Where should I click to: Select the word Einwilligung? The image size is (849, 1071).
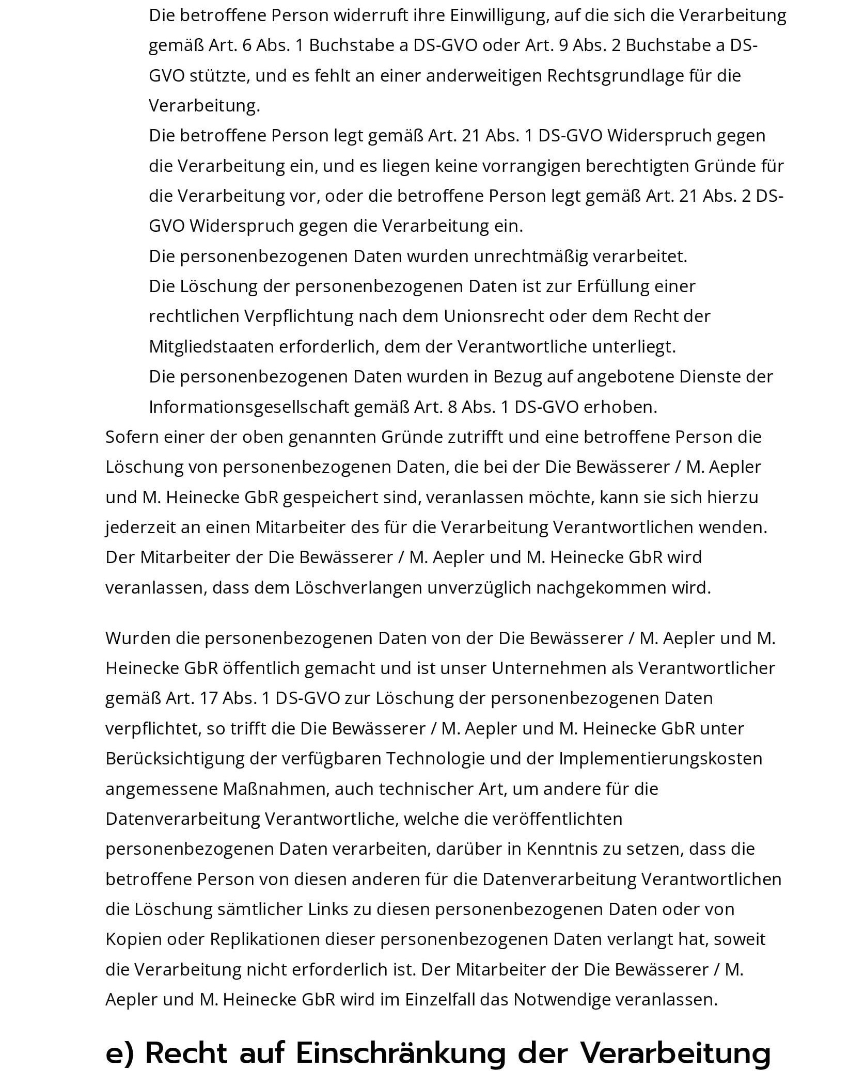pyautogui.click(x=497, y=15)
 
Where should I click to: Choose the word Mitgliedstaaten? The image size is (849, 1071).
pyautogui.click(x=211, y=346)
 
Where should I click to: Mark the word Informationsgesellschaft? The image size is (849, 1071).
pyautogui.click(x=248, y=407)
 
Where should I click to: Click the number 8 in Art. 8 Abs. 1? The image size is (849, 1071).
pyautogui.click(x=452, y=407)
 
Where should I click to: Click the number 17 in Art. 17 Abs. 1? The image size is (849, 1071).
pyautogui.click(x=208, y=698)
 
